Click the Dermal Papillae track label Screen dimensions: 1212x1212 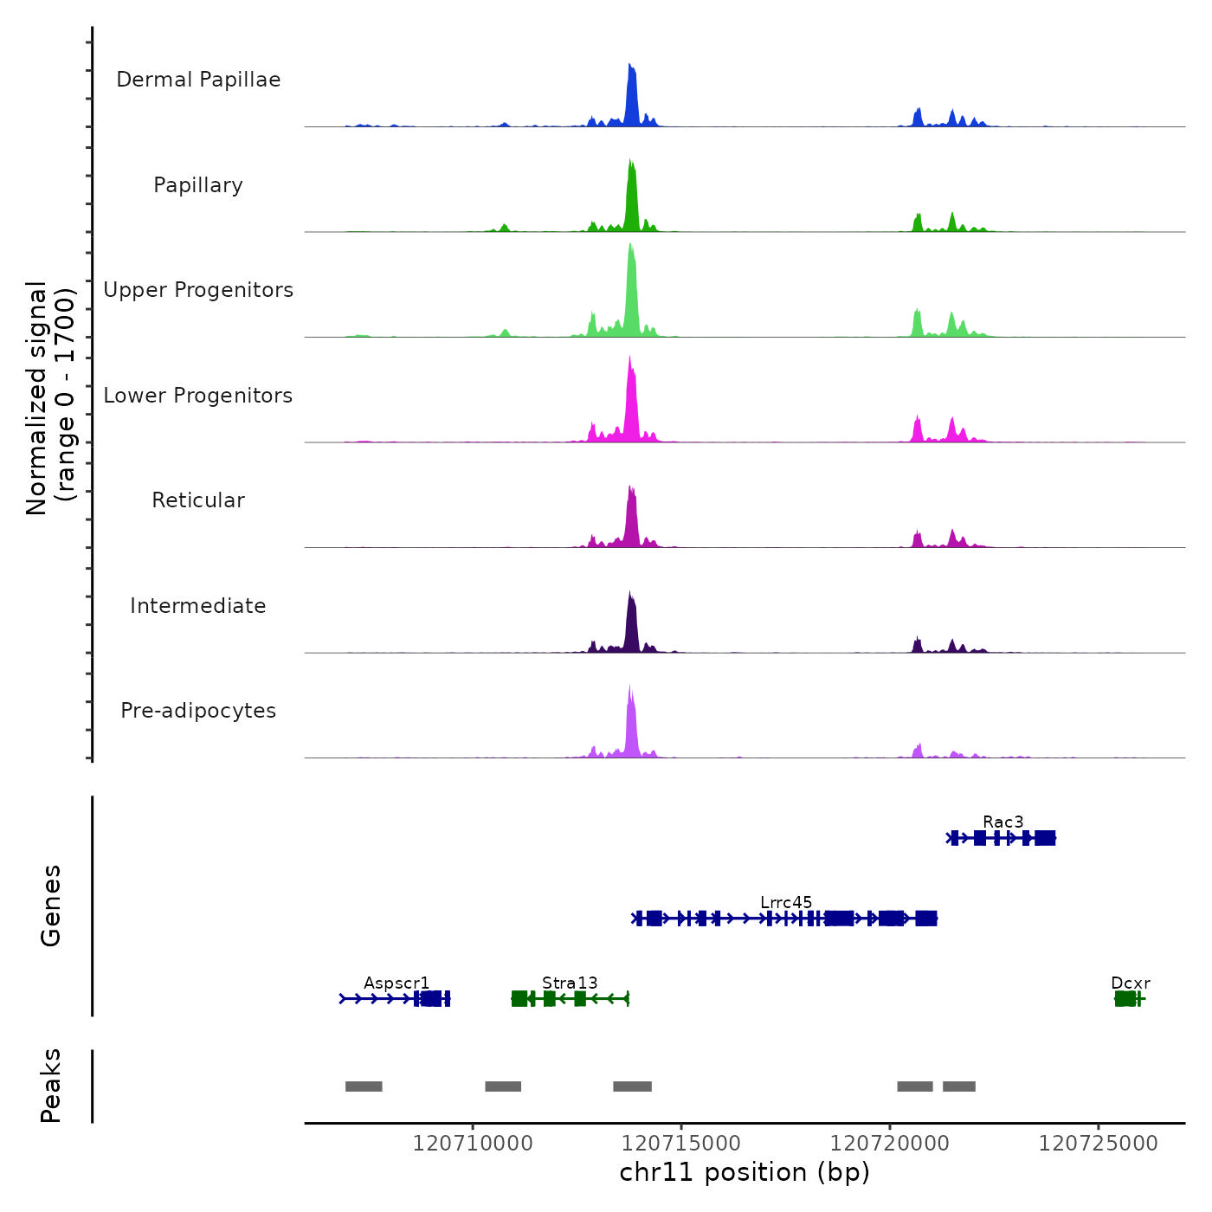point(198,80)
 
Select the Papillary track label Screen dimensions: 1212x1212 point(198,185)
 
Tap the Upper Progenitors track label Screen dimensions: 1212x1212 point(198,290)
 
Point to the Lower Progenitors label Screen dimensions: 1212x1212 point(198,396)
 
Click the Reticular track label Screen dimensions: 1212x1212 point(198,500)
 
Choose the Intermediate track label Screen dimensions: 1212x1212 point(198,606)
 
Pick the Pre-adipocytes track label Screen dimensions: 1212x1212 point(198,711)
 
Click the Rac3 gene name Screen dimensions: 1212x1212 point(1002,822)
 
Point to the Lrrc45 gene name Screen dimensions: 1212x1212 point(786,902)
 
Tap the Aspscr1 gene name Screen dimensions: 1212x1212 point(396,983)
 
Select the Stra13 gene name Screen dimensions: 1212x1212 point(570,983)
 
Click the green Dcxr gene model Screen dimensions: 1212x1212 point(1126,999)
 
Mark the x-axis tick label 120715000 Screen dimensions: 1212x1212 point(681,1143)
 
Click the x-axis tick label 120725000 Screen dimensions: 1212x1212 point(1098,1143)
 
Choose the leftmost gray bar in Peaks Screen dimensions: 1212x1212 point(364,1086)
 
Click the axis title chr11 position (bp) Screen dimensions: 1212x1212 point(745,1172)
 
